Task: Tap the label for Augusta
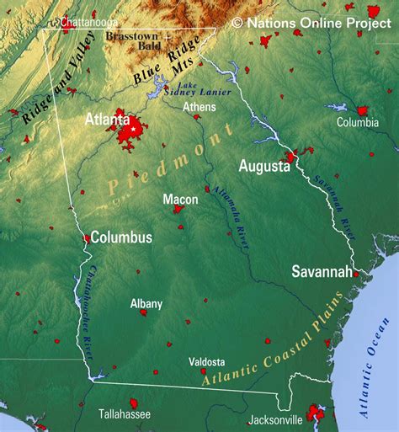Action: click(263, 166)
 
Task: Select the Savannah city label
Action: click(322, 271)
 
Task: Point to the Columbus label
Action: click(121, 237)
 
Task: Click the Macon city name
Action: click(180, 200)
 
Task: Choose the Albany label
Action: click(146, 303)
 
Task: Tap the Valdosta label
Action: click(207, 361)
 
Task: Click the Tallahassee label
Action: click(124, 414)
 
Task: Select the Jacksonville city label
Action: click(275, 419)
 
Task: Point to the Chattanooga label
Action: click(89, 21)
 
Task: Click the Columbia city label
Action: click(358, 122)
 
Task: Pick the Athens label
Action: click(199, 107)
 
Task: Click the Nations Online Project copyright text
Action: click(312, 23)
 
